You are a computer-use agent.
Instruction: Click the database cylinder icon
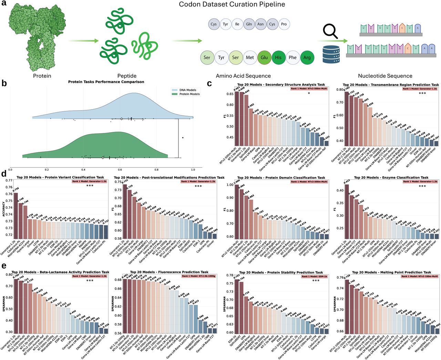pos(331,54)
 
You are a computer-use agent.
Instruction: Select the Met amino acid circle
pos(250,58)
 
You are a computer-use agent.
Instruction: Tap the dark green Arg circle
pos(307,58)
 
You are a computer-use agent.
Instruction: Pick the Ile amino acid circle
pos(237,24)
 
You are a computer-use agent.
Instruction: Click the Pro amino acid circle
pos(284,24)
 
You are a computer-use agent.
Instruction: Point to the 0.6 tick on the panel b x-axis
pos(120,169)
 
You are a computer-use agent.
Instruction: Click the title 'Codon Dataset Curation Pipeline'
pos(232,4)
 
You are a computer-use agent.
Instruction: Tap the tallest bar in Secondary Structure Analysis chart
pos(237,117)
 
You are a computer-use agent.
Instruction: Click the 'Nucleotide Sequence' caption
pos(385,76)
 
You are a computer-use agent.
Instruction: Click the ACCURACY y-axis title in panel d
pos(4,209)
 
